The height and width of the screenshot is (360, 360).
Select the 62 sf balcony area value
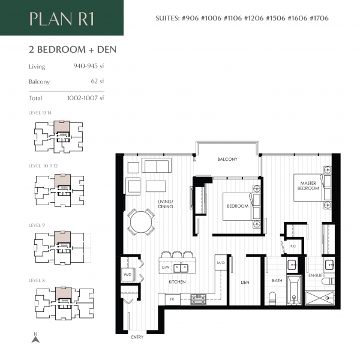point(96,81)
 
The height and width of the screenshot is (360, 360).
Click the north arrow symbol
point(35,338)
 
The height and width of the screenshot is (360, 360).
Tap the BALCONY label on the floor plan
point(227,160)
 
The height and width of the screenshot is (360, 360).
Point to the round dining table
point(142,222)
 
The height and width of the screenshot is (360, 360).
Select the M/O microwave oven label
point(220,263)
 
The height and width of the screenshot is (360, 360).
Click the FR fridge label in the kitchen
point(172,297)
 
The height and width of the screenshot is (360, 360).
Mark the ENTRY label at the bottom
point(137,337)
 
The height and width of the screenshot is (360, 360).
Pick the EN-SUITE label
point(315,274)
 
